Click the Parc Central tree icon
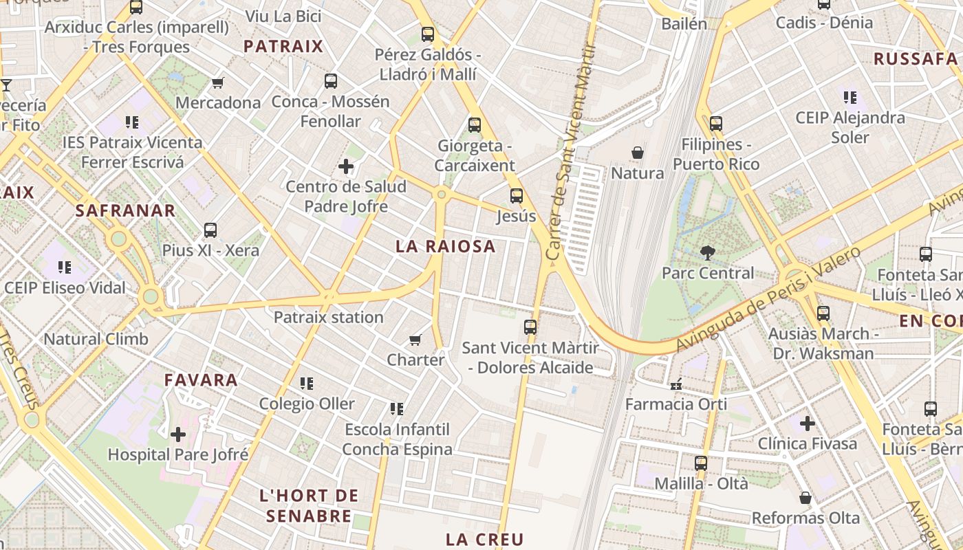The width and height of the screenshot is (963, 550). [707, 253]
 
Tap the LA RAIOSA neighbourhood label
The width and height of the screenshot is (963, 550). [445, 246]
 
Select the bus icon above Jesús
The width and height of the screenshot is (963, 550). [517, 196]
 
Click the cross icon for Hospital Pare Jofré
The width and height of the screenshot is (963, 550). [178, 434]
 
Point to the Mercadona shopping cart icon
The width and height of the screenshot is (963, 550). [218, 82]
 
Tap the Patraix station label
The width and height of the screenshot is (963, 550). [328, 317]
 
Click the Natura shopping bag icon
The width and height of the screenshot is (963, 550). [638, 152]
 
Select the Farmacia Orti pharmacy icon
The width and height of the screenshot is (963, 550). [675, 384]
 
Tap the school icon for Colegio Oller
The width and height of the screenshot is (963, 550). [307, 383]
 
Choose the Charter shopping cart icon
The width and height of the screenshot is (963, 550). [415, 340]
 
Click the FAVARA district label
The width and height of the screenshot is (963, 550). [200, 379]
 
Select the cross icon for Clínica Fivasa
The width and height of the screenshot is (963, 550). [808, 423]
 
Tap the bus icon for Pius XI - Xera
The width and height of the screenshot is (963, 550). [210, 230]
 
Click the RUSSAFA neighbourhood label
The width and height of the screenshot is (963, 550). [915, 58]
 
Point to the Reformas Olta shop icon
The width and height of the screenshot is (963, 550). [805, 498]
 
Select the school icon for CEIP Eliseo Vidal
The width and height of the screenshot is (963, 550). [65, 267]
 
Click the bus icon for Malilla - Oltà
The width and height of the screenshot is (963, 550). [701, 463]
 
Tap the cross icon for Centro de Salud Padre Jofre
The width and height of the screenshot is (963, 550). [346, 166]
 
